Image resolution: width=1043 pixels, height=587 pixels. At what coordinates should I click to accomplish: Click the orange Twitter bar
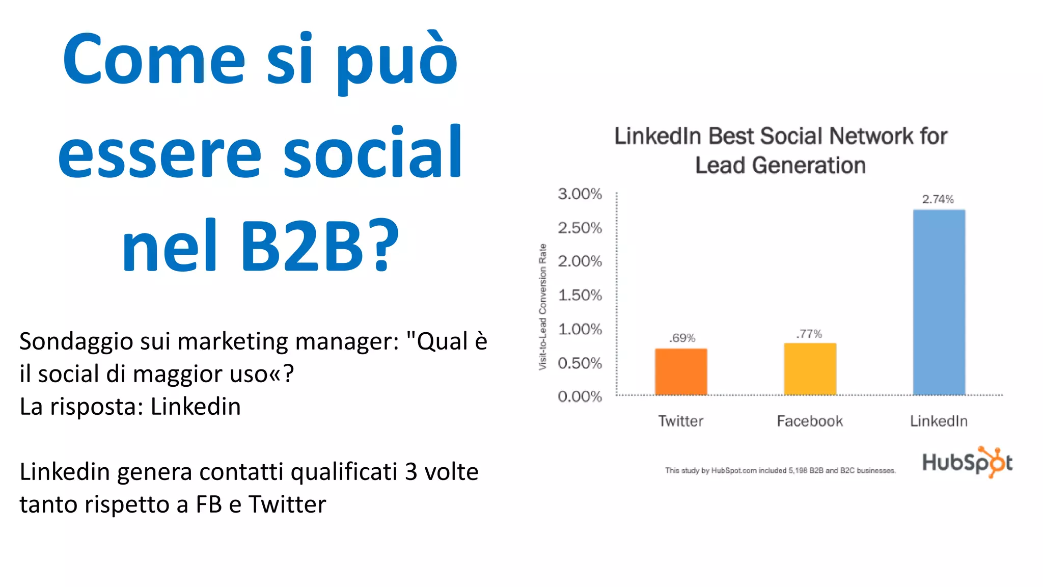[681, 371]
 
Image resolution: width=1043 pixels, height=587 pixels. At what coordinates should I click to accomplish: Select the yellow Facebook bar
[810, 369]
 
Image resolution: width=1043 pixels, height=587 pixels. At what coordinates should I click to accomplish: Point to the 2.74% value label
[938, 199]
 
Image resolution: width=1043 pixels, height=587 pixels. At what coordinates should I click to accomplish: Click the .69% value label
[682, 338]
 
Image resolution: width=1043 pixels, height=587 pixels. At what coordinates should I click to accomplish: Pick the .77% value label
[809, 334]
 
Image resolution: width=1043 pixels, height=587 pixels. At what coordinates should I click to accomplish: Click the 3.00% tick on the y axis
[580, 194]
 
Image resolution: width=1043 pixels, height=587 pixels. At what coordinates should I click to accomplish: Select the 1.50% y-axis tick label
[580, 295]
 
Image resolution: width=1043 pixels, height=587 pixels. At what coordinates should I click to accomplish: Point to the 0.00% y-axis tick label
[580, 396]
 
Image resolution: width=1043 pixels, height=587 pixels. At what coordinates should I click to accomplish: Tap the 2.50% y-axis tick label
[580, 228]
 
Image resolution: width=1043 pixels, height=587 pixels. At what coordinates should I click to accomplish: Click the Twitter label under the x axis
[680, 421]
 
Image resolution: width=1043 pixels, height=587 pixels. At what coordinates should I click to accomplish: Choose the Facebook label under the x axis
[810, 421]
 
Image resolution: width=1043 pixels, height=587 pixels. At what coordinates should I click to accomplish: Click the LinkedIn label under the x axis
[939, 421]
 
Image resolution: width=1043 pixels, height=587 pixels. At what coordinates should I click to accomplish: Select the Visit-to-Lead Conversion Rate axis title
[543, 307]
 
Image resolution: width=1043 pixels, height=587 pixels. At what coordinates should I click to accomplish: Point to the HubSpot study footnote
[780, 470]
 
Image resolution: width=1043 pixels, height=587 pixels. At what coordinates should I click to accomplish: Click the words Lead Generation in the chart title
[780, 166]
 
